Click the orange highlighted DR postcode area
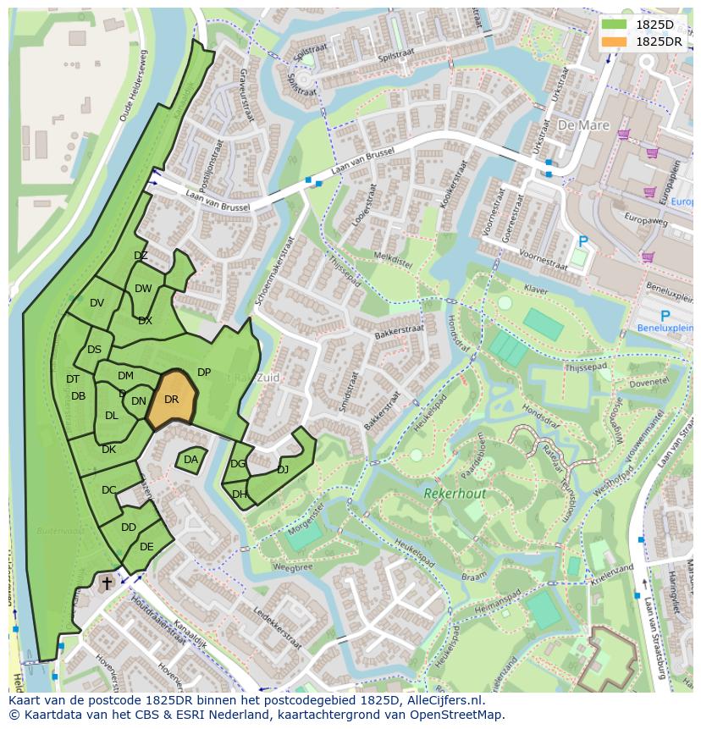click(173, 400)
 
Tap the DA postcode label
click(190, 460)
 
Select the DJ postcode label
click(283, 469)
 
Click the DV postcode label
click(97, 303)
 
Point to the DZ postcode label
click(141, 256)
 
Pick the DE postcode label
click(146, 547)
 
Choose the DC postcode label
click(108, 489)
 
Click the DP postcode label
click(204, 372)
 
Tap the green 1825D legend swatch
click(614, 25)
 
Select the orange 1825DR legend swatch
click(614, 41)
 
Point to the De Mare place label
click(583, 125)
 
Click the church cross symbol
click(107, 583)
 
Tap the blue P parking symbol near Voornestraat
click(582, 241)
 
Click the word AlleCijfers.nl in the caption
click(439, 700)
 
